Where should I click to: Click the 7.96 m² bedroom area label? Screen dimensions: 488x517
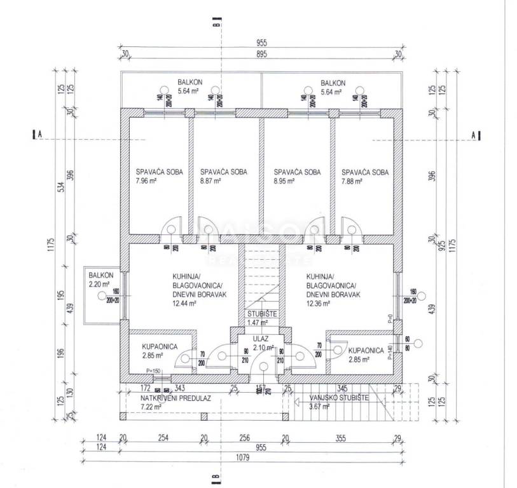(x=146, y=181)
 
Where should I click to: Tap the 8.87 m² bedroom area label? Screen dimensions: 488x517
(x=210, y=181)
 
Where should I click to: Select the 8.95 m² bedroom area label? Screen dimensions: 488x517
(x=284, y=181)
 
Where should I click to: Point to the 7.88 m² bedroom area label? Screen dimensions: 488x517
(x=352, y=181)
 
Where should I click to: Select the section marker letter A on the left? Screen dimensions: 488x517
(x=39, y=135)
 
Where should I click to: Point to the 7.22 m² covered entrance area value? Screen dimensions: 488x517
(x=153, y=407)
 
